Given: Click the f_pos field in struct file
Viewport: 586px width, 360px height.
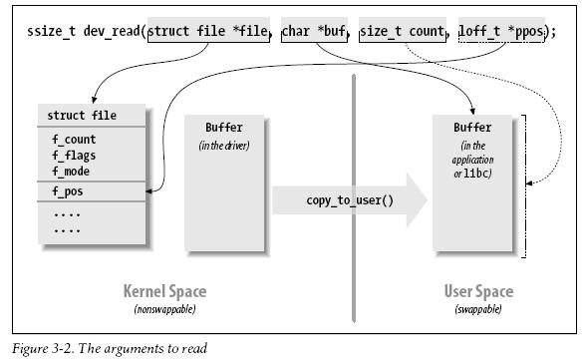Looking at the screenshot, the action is pyautogui.click(x=68, y=191).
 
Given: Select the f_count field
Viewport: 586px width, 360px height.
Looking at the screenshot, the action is pyautogui.click(x=74, y=140).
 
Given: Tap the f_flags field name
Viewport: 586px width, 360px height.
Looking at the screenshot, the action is pyautogui.click(x=74, y=156).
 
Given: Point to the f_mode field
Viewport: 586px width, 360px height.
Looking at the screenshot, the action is pyautogui.click(x=71, y=172).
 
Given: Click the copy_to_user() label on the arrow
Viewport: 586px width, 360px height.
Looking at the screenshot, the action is pyautogui.click(x=350, y=200).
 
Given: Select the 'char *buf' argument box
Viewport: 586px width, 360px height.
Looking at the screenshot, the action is pyautogui.click(x=314, y=30).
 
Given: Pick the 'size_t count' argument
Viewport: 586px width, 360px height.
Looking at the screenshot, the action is pyautogui.click(x=403, y=30).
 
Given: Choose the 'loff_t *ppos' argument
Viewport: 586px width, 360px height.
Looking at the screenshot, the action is pyautogui.click(x=501, y=30).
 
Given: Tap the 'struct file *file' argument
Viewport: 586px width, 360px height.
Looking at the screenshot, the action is pyautogui.click(x=208, y=30).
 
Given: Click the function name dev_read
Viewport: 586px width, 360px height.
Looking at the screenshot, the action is pyautogui.click(x=112, y=31).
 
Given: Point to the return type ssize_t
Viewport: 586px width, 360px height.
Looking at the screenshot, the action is pyautogui.click(x=52, y=31).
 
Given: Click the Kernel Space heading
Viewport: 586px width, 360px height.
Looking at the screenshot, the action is pyautogui.click(x=164, y=291).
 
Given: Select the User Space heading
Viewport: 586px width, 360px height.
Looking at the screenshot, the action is pyautogui.click(x=478, y=291).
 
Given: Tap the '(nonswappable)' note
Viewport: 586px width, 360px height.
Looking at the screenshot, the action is pyautogui.click(x=164, y=309).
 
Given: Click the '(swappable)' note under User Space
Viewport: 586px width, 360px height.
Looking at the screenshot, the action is pyautogui.click(x=478, y=309).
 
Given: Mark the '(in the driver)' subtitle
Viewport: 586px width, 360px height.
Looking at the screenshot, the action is pyautogui.click(x=224, y=145).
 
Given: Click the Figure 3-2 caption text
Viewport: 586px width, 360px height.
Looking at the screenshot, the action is pyautogui.click(x=110, y=349).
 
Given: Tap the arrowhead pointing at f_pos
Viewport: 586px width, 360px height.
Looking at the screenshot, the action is pyautogui.click(x=148, y=191).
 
